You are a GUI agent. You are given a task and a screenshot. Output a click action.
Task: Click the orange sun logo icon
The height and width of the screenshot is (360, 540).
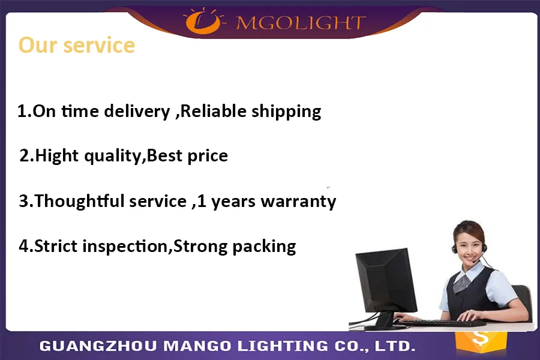click(x=203, y=20)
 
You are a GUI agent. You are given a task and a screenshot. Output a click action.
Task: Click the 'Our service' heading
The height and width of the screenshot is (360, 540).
click(x=76, y=45)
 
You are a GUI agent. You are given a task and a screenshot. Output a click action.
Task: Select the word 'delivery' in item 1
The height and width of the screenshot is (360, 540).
click(x=137, y=111)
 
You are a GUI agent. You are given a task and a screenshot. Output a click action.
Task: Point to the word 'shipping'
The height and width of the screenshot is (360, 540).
click(x=286, y=111)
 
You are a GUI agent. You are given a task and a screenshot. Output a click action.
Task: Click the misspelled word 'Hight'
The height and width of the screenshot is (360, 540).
click(x=57, y=155)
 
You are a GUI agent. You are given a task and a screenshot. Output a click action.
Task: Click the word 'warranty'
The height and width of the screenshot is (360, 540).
click(x=298, y=202)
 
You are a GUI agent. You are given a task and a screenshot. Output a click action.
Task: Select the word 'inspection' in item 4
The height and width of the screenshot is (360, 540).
click(x=125, y=247)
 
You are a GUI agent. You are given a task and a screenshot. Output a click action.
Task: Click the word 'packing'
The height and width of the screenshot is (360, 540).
click(x=264, y=247)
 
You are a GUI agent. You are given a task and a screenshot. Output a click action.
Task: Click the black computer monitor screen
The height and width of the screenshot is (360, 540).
click(x=386, y=280)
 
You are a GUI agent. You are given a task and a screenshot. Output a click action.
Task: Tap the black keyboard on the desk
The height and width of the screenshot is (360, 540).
click(x=443, y=323)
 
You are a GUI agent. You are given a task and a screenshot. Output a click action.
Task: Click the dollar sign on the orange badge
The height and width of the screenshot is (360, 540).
click(x=481, y=338)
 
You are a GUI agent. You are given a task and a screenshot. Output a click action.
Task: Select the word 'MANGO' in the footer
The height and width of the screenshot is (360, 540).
click(x=197, y=346)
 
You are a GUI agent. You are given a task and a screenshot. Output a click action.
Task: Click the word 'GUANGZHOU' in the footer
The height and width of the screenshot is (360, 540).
click(x=98, y=346)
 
